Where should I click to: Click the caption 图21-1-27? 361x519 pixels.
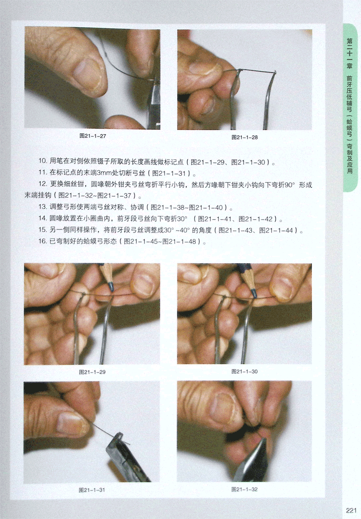pyautogui.click(x=92, y=136)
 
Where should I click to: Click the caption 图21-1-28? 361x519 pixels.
pyautogui.click(x=244, y=137)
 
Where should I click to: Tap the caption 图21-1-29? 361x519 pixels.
pyautogui.click(x=92, y=372)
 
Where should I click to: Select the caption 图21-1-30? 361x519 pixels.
pyautogui.click(x=244, y=372)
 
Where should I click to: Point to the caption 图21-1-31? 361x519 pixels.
pyautogui.click(x=92, y=490)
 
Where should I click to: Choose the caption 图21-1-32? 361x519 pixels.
pyautogui.click(x=244, y=489)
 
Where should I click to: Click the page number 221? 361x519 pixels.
pyautogui.click(x=351, y=510)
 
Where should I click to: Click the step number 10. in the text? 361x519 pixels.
pyautogui.click(x=43, y=161)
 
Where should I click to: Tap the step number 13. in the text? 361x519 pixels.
pyautogui.click(x=43, y=207)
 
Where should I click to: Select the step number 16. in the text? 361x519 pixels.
pyautogui.click(x=43, y=241)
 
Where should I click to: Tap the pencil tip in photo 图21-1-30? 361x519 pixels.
pyautogui.click(x=254, y=294)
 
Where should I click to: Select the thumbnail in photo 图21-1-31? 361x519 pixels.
pyautogui.click(x=70, y=424)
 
